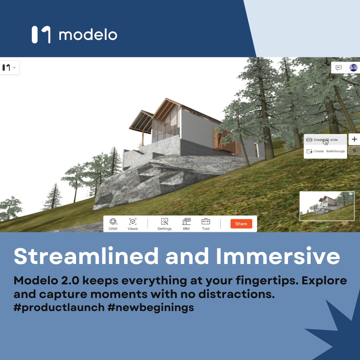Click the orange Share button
[x=241, y=224]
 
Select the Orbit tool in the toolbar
[x=113, y=223]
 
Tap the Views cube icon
[x=133, y=223]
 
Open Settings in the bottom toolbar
[x=164, y=223]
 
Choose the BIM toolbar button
[x=186, y=223]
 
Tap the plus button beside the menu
[x=354, y=139]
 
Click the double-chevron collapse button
[x=354, y=151]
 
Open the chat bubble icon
[x=339, y=68]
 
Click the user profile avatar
[x=353, y=68]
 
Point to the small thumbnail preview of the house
[x=327, y=206]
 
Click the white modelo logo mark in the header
[x=41, y=35]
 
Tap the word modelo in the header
[x=88, y=35]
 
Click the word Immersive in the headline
[x=278, y=256]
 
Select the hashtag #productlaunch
[x=59, y=307]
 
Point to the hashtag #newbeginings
[x=151, y=307]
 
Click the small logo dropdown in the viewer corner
[x=9, y=68]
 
